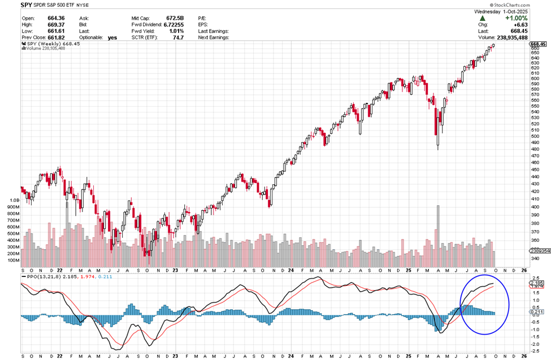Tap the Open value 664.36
(57, 18)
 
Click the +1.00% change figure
(517, 18)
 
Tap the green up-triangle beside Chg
(483, 19)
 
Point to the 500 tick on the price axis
(535, 136)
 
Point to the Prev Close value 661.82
(57, 37)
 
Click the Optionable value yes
(112, 37)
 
